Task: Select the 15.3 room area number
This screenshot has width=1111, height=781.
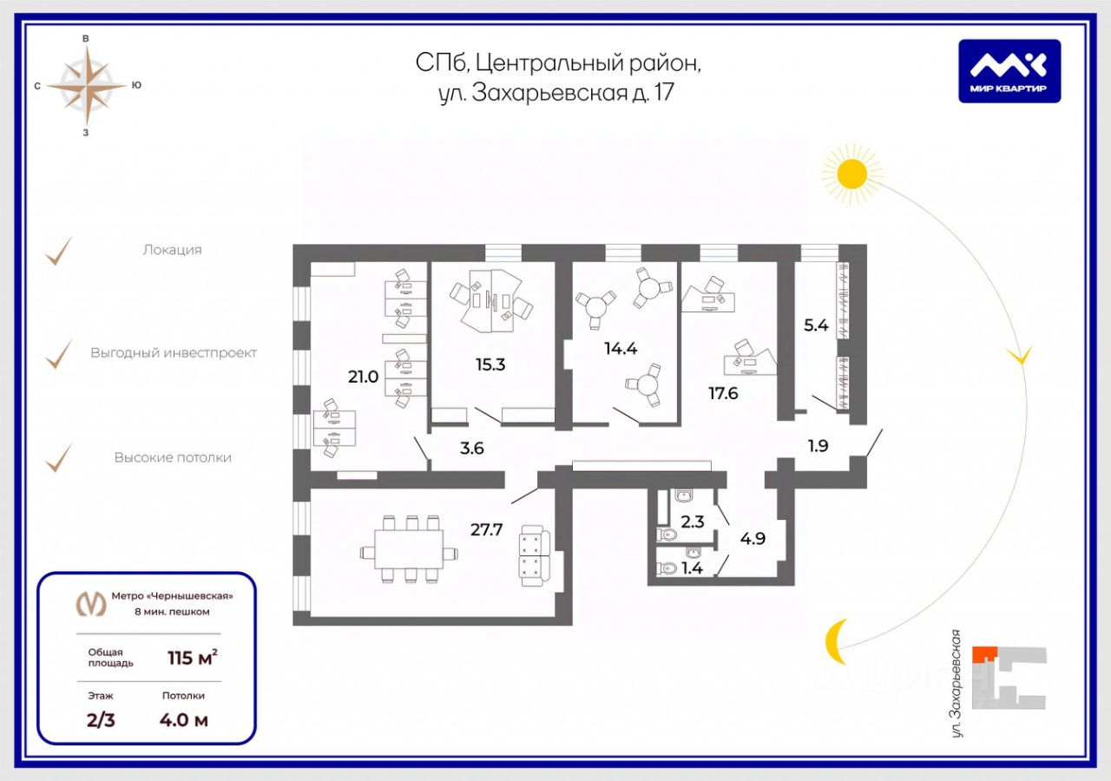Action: pos(490,364)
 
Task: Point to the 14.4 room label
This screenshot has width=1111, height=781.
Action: pos(621,349)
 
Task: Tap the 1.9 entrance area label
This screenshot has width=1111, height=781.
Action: pos(818,448)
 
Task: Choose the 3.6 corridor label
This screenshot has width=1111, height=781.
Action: pos(472,449)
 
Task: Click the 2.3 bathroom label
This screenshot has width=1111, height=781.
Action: pos(692,522)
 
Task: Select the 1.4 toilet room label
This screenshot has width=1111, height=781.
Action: pos(693,568)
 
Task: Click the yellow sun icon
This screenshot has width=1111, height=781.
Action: pos(851,174)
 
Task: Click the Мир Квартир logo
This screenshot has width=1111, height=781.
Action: pos(1009,71)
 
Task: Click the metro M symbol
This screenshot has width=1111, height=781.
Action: pos(93,602)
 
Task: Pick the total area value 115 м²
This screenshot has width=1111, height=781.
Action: pos(192,657)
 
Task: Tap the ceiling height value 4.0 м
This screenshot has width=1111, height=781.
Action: pos(184,719)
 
